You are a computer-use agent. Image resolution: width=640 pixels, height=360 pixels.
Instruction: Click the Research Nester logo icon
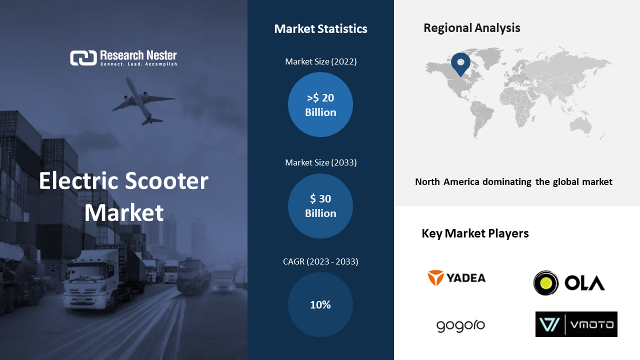pos(83,58)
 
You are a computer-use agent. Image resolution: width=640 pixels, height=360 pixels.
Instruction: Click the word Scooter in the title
pos(167,181)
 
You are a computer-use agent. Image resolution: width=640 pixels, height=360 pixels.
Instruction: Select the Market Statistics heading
pos(320,29)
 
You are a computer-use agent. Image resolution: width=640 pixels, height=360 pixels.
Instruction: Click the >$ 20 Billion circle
pos(320,104)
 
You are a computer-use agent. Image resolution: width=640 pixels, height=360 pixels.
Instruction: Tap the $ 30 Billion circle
pos(320,206)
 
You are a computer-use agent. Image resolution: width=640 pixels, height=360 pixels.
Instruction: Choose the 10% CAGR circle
pos(320,304)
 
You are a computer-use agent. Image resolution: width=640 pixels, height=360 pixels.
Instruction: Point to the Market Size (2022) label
pos(321,61)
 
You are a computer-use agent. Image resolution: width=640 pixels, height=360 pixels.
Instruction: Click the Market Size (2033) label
pos(321,162)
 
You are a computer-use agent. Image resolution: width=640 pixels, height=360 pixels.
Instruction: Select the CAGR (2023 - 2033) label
pos(320,261)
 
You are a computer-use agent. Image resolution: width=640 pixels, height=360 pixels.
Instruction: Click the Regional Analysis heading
pos(471,28)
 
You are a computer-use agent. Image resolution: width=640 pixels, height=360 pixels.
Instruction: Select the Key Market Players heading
pos(475,233)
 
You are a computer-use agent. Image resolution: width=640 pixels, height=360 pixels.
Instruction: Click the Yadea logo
pos(456,277)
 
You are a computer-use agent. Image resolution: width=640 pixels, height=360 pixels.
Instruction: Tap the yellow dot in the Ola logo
pos(546,283)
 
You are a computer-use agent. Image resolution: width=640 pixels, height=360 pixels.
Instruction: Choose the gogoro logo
pos(460,325)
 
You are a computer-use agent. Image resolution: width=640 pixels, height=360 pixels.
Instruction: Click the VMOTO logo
pos(576,324)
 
